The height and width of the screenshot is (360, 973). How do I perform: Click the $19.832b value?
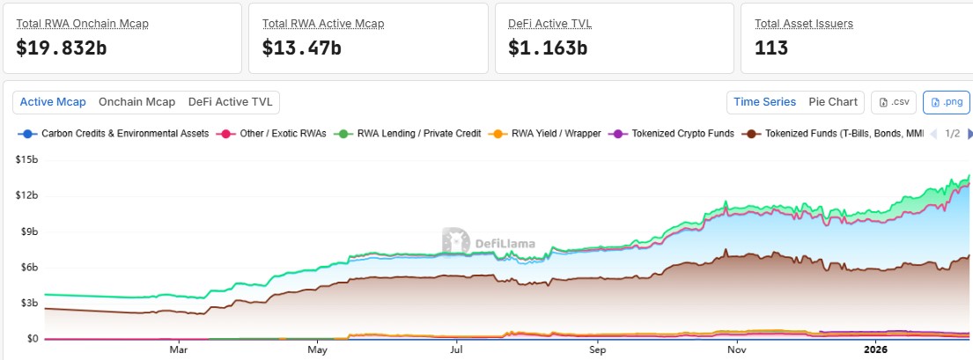pyautogui.click(x=62, y=48)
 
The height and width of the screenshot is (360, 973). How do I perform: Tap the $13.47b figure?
pyautogui.click(x=301, y=48)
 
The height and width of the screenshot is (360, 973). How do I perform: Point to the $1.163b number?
pyautogui.click(x=548, y=48)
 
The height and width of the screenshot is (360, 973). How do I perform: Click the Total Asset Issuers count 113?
pyautogui.click(x=771, y=48)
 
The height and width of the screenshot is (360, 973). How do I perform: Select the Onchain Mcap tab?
pyautogui.click(x=136, y=102)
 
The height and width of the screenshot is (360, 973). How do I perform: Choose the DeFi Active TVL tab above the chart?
pyautogui.click(x=231, y=102)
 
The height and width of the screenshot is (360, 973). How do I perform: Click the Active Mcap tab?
pyautogui.click(x=53, y=102)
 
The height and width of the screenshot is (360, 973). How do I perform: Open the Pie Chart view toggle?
pyautogui.click(x=833, y=102)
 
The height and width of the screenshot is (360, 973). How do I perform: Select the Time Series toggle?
pyautogui.click(x=764, y=102)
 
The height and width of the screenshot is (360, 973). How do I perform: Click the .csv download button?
pyautogui.click(x=894, y=102)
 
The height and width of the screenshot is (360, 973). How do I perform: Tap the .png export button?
pyautogui.click(x=946, y=102)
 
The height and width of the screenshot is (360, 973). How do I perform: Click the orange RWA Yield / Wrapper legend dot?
pyautogui.click(x=498, y=134)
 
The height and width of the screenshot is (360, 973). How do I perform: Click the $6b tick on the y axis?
pyautogui.click(x=26, y=268)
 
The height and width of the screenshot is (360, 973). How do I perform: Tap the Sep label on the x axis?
pyautogui.click(x=597, y=349)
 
